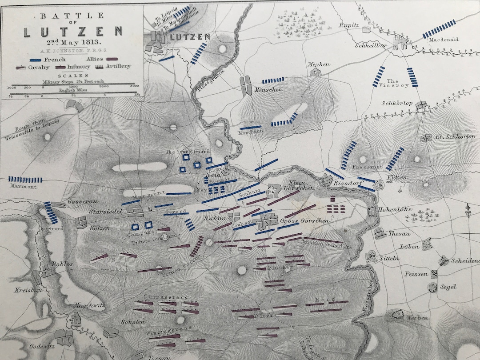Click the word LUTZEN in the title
[73, 32]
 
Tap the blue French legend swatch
[37, 59]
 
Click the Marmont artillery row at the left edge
[26, 180]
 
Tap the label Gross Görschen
[304, 220]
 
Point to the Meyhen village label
[319, 64]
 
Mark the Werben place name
[417, 318]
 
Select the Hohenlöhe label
[395, 209]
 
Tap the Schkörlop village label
[397, 104]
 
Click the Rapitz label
[349, 25]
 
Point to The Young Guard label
[187, 152]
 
